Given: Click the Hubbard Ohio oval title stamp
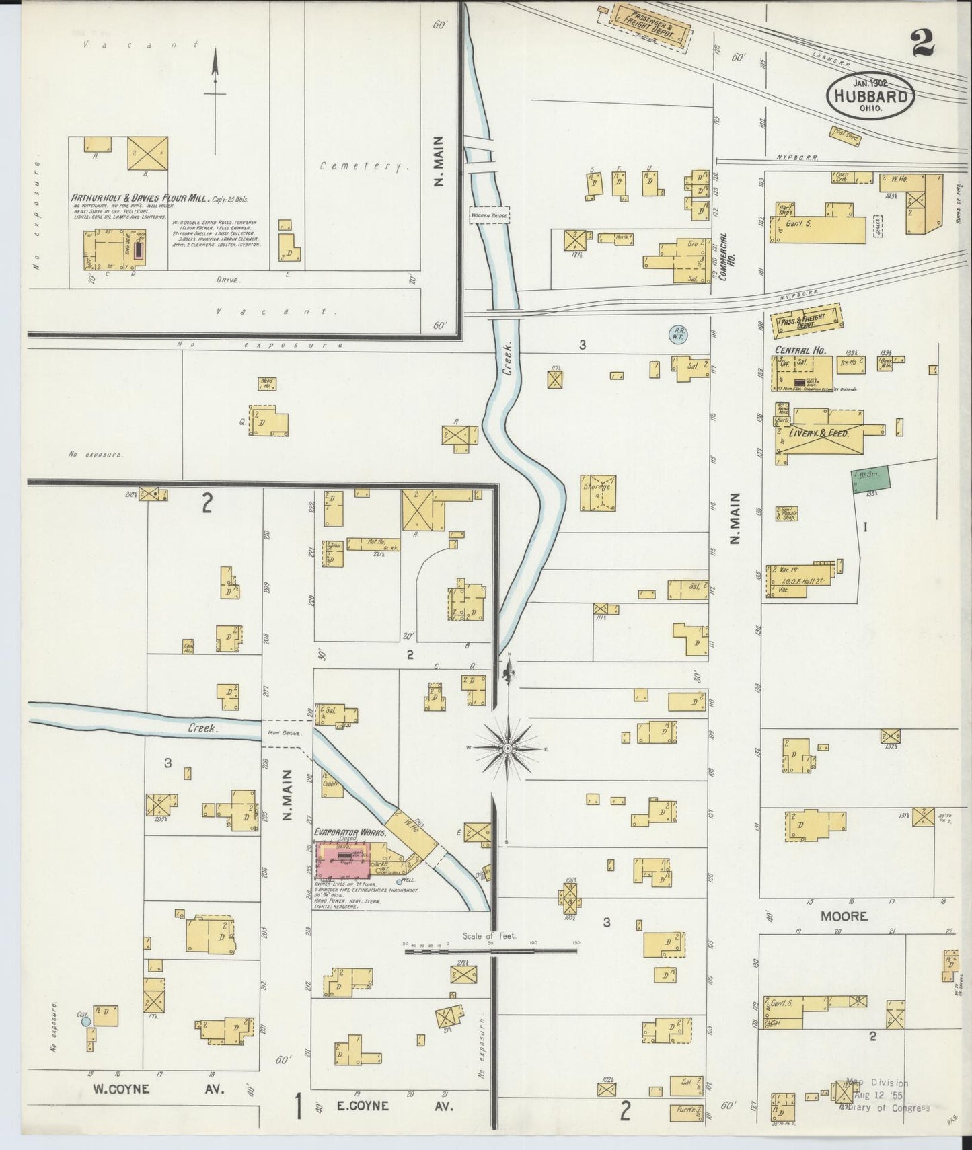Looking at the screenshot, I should [870, 95].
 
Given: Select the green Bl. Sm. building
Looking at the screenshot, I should [872, 480].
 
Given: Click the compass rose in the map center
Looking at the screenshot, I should [509, 748].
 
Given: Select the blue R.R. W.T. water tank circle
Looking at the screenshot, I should [676, 333].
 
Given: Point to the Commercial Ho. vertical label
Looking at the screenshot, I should [723, 258].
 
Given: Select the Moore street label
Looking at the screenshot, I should [844, 916].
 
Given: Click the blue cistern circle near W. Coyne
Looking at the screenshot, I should [85, 1021].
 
